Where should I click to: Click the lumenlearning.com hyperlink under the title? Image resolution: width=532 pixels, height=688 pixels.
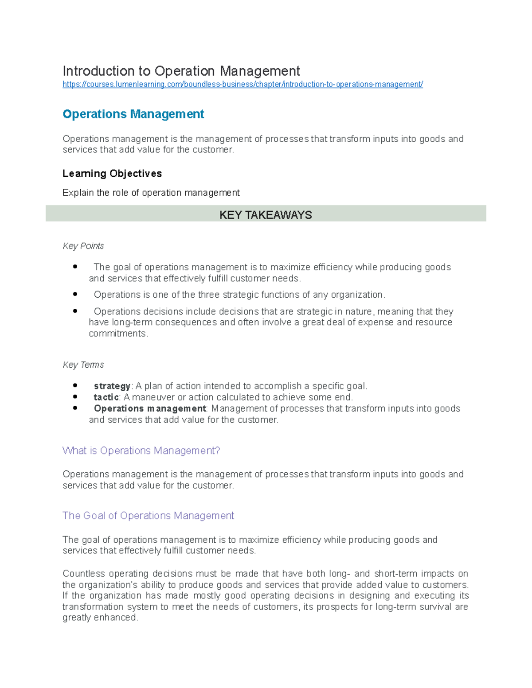pos(243,84)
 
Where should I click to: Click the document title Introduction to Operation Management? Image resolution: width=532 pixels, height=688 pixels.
pos(181,71)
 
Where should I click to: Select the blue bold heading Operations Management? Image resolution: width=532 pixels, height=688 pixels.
pos(133,114)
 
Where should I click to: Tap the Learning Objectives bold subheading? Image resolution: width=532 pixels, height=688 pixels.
pos(112,173)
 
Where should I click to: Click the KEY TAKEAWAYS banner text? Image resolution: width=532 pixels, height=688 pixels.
pos(266,215)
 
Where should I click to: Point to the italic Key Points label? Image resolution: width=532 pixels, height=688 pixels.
pos(83,246)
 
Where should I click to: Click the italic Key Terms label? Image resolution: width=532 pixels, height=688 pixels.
pos(83,365)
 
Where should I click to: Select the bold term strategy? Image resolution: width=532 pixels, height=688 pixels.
pos(112,386)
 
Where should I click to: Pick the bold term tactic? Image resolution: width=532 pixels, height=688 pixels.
pos(106,397)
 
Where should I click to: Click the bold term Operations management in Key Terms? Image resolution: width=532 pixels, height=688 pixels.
pos(150,408)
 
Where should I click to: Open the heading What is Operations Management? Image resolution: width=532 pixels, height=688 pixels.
pos(141,451)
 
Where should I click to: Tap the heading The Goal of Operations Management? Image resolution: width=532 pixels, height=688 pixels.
pos(148,516)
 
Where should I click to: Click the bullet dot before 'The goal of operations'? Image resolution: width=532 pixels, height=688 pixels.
pos(75,267)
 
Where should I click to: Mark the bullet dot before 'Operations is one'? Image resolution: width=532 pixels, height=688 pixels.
pos(75,294)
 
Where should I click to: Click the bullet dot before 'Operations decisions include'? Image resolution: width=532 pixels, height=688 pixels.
pos(75,311)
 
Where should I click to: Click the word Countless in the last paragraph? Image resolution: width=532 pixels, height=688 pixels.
pos(83,573)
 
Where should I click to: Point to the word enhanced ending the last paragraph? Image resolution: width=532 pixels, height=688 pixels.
pos(118,618)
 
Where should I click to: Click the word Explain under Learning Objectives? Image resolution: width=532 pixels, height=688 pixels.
pos(78,193)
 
